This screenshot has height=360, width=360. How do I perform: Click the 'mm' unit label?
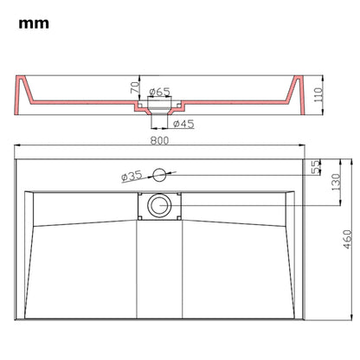(32, 24)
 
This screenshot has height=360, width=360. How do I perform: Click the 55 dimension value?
(315, 164)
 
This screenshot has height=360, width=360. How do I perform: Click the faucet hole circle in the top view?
(158, 175)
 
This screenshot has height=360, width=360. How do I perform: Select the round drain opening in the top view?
(158, 205)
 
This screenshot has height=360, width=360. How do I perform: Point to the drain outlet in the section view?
(158, 113)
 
